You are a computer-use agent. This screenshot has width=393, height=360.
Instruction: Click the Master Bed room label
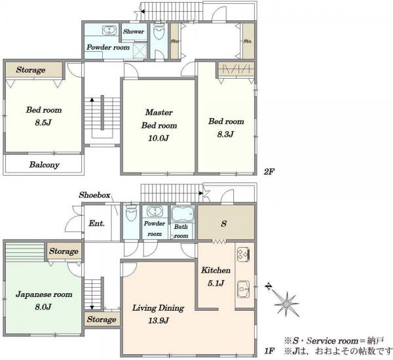pyautogui.click(x=159, y=119)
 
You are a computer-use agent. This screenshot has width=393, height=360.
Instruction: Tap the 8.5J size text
pyautogui.click(x=43, y=123)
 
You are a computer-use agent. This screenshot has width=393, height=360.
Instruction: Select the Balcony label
pyautogui.click(x=45, y=165)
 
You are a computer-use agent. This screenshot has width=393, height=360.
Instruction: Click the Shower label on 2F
pyautogui.click(x=134, y=31)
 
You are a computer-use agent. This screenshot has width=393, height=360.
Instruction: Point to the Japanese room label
pyautogui.click(x=44, y=294)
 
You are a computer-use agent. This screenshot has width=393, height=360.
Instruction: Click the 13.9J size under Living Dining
pyautogui.click(x=159, y=321)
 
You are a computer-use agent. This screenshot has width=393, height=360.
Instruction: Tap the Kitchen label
pyautogui.click(x=215, y=270)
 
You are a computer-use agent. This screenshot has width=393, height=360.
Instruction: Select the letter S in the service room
pyautogui.click(x=224, y=224)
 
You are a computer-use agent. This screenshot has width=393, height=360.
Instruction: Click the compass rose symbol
pyautogui.click(x=286, y=304)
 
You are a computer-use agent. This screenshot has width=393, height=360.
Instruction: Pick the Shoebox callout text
pyautogui.click(x=94, y=195)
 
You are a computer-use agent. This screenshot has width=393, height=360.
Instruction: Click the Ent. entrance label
pyautogui.click(x=96, y=223)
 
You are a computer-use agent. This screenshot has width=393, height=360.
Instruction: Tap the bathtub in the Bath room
pyautogui.click(x=183, y=214)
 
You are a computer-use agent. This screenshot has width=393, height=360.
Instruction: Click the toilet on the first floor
pyautogui.click(x=132, y=212)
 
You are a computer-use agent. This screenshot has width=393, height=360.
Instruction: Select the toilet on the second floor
pyautogui.click(x=159, y=31)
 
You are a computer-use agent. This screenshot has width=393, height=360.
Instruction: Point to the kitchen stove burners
pyautogui.click(x=243, y=254)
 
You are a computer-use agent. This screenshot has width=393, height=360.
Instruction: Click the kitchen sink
pyautogui.click(x=243, y=289)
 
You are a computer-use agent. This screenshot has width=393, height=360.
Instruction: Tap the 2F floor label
pyautogui.click(x=269, y=172)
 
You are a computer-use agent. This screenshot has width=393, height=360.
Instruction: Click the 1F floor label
pyautogui.click(x=269, y=351)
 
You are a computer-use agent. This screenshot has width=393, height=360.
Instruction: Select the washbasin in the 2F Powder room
pyautogui.click(x=109, y=30)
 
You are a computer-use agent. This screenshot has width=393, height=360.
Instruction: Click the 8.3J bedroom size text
pyautogui.click(x=225, y=134)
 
